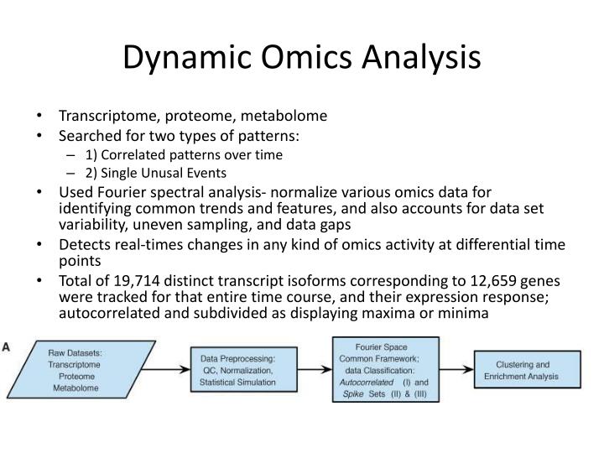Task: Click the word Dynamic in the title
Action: coord(180,58)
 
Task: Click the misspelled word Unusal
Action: coord(165,173)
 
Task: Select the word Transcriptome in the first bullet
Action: coord(102,117)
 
